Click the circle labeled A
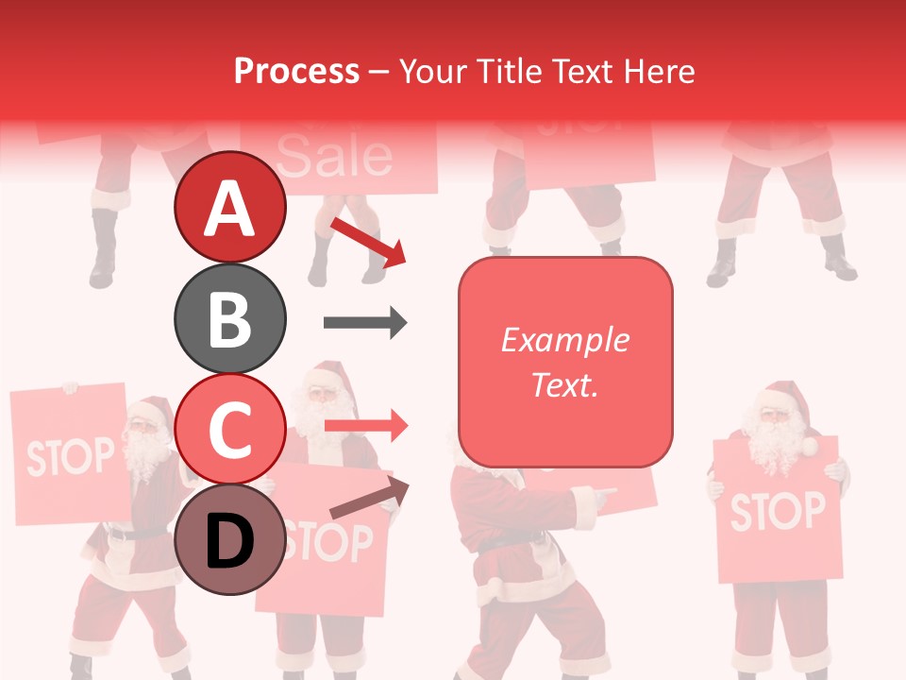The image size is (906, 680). [229, 207]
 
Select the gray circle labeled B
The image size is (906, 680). [229, 318]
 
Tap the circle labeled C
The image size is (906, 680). [229, 429]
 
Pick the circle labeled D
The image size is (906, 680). [229, 539]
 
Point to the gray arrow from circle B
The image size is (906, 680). [365, 323]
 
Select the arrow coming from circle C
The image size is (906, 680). [365, 426]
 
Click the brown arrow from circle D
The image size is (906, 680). [369, 499]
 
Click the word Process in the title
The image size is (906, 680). [296, 71]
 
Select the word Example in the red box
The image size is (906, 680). [564, 340]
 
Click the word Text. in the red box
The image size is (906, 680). [564, 384]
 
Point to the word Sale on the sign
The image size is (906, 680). [335, 156]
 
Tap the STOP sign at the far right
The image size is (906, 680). [776, 511]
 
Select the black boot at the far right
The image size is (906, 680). [838, 259]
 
